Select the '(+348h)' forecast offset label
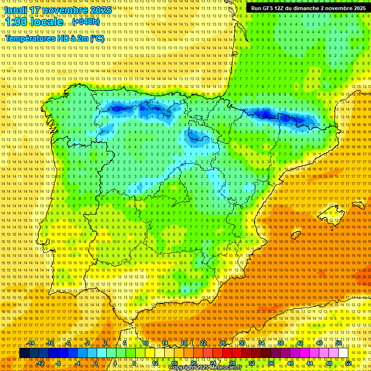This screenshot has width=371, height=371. click(x=86, y=22)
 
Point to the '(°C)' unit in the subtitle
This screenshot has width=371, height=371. click(x=96, y=38)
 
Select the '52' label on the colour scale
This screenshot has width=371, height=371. click(x=348, y=363)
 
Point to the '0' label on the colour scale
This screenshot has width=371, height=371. click(x=95, y=363)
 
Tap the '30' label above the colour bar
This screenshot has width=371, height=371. click(x=242, y=343)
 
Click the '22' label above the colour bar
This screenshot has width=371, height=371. click(x=203, y=343)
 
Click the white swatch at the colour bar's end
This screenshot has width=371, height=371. click(x=343, y=353)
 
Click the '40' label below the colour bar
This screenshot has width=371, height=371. click(x=290, y=363)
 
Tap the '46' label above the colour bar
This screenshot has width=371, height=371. click(x=319, y=343)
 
